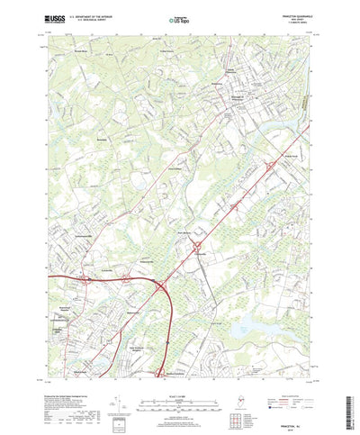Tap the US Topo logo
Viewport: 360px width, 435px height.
pyautogui.click(x=179, y=17)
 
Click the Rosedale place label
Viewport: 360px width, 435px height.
pyautogui.click(x=101, y=166)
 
